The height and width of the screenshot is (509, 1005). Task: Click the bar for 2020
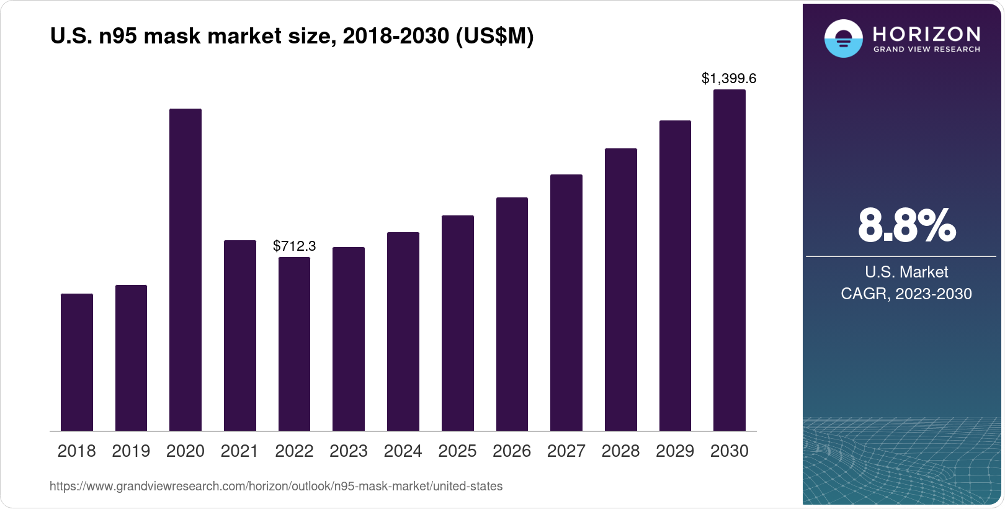pyautogui.click(x=185, y=270)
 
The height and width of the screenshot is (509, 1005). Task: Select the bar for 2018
pyautogui.click(x=77, y=363)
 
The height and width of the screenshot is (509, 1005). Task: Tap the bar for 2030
pyautogui.click(x=730, y=261)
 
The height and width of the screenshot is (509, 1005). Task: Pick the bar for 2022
pyautogui.click(x=294, y=344)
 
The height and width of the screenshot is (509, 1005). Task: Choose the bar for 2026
pyautogui.click(x=512, y=314)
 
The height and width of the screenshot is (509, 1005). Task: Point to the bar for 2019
pyautogui.click(x=131, y=358)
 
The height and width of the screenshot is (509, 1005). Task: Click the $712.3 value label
pyautogui.click(x=294, y=246)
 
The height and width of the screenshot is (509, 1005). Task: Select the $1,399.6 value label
pyautogui.click(x=729, y=79)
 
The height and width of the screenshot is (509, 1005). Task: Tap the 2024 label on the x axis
pyautogui.click(x=403, y=451)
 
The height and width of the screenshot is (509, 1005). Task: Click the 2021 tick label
pyautogui.click(x=239, y=451)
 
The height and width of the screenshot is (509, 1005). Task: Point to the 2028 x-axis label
pyautogui.click(x=620, y=451)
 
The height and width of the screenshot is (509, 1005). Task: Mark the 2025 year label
pyautogui.click(x=457, y=451)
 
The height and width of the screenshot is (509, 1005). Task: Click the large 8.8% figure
pyautogui.click(x=906, y=226)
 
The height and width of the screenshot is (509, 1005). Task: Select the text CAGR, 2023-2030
pyautogui.click(x=906, y=294)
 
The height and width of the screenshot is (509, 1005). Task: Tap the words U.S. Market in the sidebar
pyautogui.click(x=906, y=272)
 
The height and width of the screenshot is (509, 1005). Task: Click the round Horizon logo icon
pyautogui.click(x=843, y=38)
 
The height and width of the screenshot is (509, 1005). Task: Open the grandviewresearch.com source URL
pyautogui.click(x=276, y=487)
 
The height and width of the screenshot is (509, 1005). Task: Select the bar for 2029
pyautogui.click(x=675, y=276)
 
